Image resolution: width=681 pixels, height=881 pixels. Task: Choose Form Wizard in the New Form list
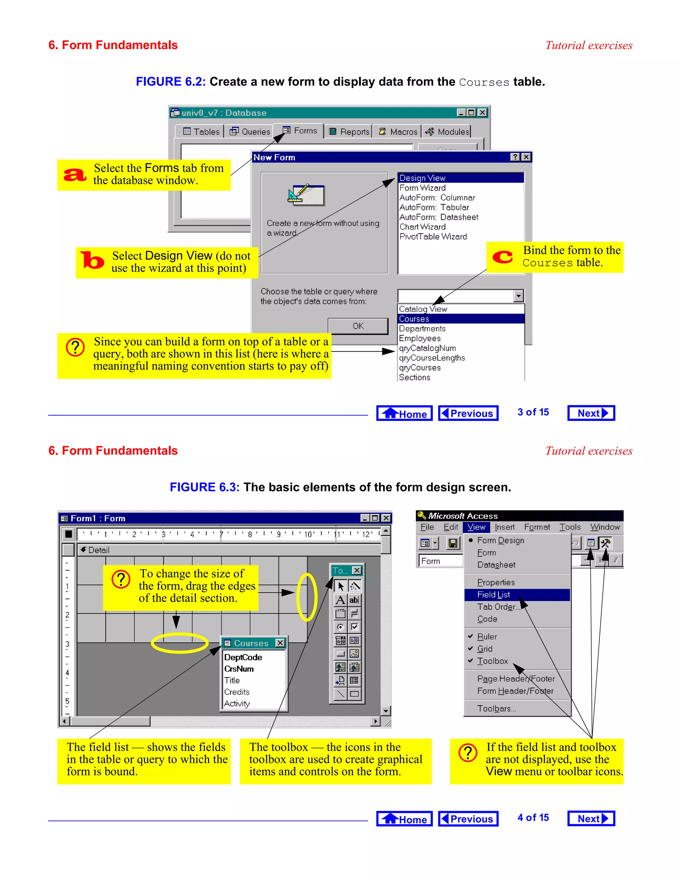(x=422, y=188)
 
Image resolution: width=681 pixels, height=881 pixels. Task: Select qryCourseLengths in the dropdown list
(x=432, y=358)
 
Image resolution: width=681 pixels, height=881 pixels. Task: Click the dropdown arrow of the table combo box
(x=518, y=296)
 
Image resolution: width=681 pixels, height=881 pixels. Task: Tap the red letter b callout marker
(x=92, y=260)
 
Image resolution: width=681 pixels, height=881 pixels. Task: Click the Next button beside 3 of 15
(x=591, y=413)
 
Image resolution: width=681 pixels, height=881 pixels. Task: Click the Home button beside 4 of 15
(x=404, y=818)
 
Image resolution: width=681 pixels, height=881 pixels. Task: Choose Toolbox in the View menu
(x=492, y=661)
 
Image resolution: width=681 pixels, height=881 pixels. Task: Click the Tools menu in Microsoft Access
(x=570, y=527)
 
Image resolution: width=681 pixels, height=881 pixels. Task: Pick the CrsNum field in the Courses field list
(x=239, y=669)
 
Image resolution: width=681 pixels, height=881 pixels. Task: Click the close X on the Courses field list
(x=280, y=643)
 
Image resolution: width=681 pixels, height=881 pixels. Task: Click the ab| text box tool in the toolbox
(x=354, y=600)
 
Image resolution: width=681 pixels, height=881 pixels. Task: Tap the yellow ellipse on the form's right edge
(x=307, y=597)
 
